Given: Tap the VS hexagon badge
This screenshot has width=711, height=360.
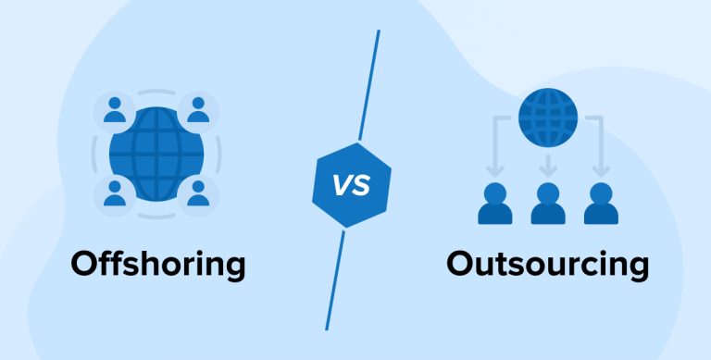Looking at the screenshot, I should [x=351, y=184].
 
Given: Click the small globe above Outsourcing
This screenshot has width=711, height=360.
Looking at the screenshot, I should [x=547, y=117].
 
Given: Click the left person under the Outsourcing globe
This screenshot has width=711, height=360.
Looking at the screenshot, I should [x=494, y=205].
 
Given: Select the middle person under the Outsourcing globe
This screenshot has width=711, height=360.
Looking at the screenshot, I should [x=547, y=205].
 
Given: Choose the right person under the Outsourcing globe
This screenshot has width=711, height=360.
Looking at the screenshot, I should [x=601, y=205].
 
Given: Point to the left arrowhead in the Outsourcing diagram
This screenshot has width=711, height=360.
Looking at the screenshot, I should [x=494, y=171].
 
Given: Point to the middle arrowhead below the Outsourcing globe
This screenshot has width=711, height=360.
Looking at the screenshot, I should [x=547, y=171].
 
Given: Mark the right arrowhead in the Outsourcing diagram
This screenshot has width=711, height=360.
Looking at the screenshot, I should [x=601, y=171].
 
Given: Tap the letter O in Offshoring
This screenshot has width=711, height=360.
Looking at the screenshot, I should [x=86, y=265].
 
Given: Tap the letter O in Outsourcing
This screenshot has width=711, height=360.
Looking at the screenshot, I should [x=462, y=265].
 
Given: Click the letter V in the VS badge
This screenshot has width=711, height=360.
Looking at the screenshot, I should [x=342, y=184].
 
